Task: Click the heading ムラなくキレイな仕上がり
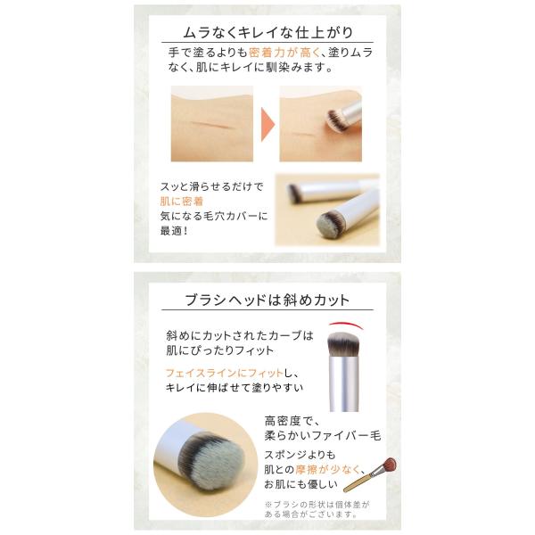267,32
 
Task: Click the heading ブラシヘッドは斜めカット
267,300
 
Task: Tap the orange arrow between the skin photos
267,124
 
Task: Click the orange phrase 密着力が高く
284,53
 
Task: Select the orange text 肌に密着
182,202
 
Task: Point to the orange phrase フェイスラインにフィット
224,373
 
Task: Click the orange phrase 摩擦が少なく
327,470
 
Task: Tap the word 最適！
174,231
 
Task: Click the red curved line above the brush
345,324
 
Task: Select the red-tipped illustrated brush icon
370,474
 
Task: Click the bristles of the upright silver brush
343,344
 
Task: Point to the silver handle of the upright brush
344,383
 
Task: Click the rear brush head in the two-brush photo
294,193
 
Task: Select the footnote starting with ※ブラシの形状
317,509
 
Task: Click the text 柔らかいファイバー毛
323,435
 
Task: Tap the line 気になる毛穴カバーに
214,216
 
